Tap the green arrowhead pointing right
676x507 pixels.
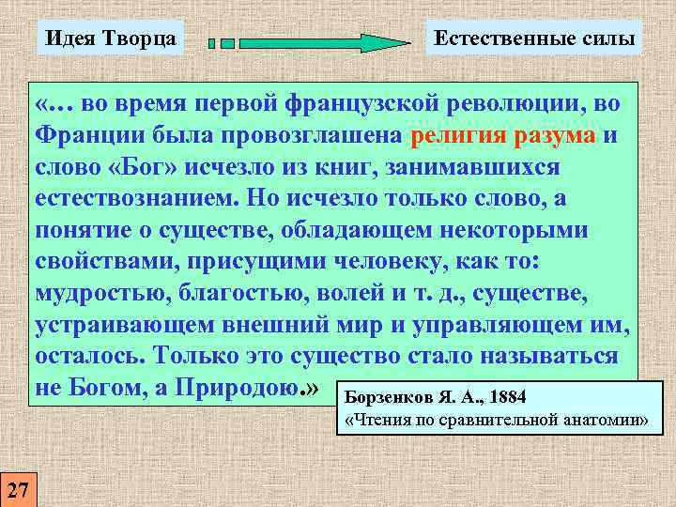385,42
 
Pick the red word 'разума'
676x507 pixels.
555,136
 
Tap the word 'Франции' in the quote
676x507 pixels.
84,136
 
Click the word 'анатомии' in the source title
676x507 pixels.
608,420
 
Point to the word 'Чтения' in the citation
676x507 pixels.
386,420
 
